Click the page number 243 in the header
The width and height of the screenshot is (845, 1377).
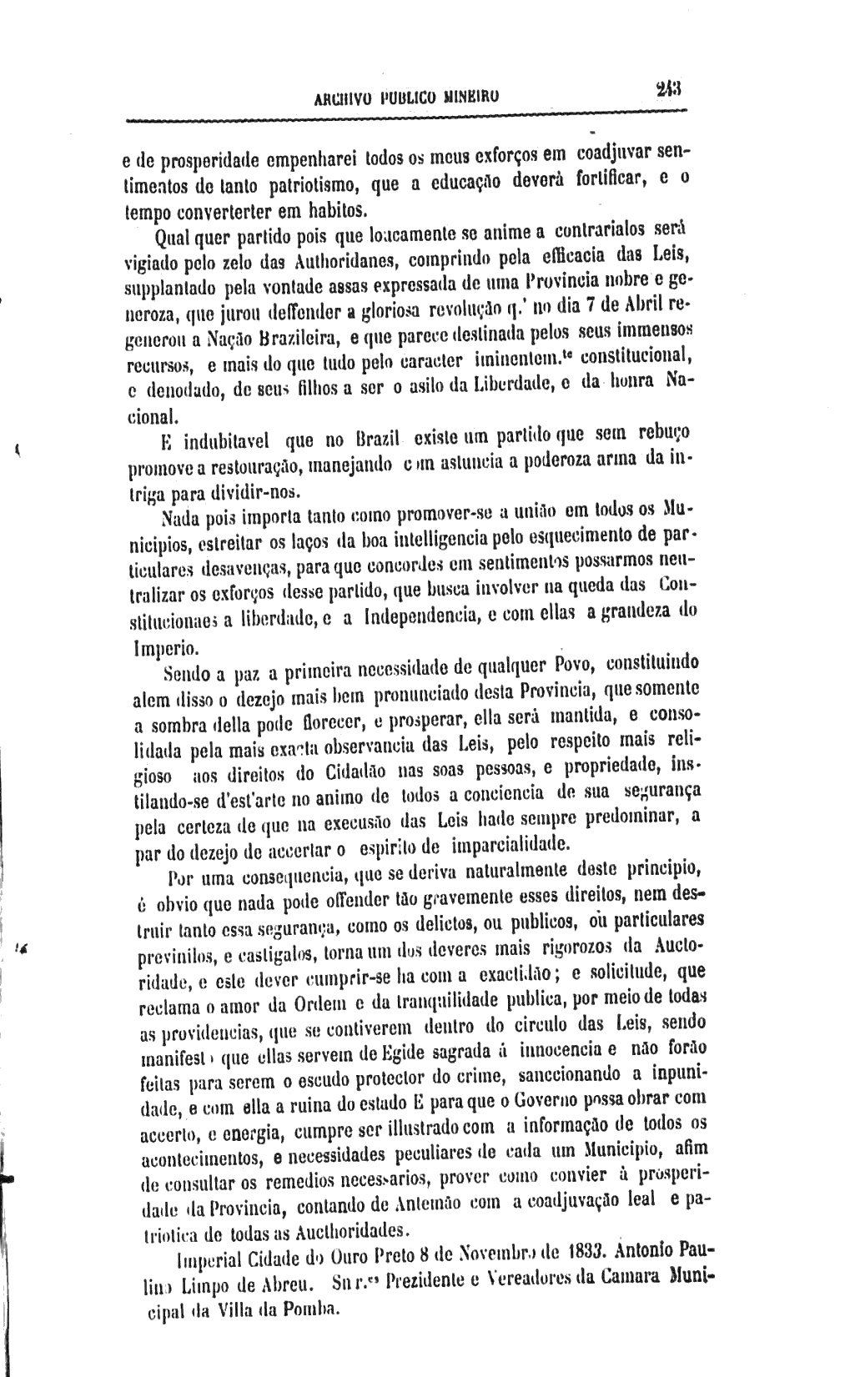668,88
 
